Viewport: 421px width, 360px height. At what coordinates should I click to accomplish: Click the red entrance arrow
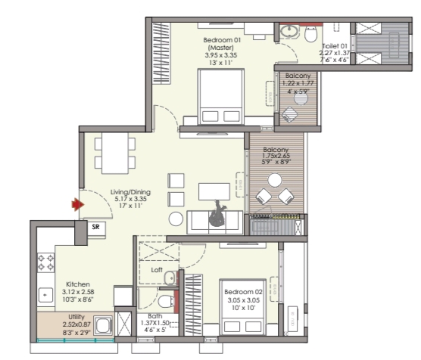coord(78,205)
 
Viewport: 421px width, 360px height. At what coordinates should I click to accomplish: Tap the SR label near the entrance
coord(95,227)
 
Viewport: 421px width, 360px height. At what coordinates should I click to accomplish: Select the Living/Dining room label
coord(130,192)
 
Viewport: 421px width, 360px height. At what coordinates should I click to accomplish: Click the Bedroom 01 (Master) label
coord(222,44)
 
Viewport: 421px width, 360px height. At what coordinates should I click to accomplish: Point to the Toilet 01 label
coord(335,46)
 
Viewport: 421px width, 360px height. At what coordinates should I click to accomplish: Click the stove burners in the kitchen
coord(45,262)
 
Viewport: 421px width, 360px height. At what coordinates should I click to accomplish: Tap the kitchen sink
coord(45,295)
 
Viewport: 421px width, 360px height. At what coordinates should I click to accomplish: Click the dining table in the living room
coord(115,154)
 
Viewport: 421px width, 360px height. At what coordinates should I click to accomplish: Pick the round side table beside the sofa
coord(176,219)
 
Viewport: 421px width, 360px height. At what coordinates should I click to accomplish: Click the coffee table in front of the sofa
coord(214,191)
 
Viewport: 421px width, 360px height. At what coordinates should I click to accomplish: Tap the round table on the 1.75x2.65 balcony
coord(275,180)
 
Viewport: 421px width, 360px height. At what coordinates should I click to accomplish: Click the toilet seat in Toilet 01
coord(311,34)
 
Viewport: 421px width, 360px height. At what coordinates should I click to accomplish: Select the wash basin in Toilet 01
coord(289,31)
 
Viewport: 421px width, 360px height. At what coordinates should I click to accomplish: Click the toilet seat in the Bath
coord(166,301)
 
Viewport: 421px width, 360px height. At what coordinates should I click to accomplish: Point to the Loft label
coord(157,270)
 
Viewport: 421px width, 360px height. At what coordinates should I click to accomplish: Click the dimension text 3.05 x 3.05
coord(243,300)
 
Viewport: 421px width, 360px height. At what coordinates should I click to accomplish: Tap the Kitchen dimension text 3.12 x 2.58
coord(78,292)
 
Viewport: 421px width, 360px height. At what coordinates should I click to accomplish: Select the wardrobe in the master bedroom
coord(161,54)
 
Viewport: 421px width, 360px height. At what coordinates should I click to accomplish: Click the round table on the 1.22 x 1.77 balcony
coord(301,98)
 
